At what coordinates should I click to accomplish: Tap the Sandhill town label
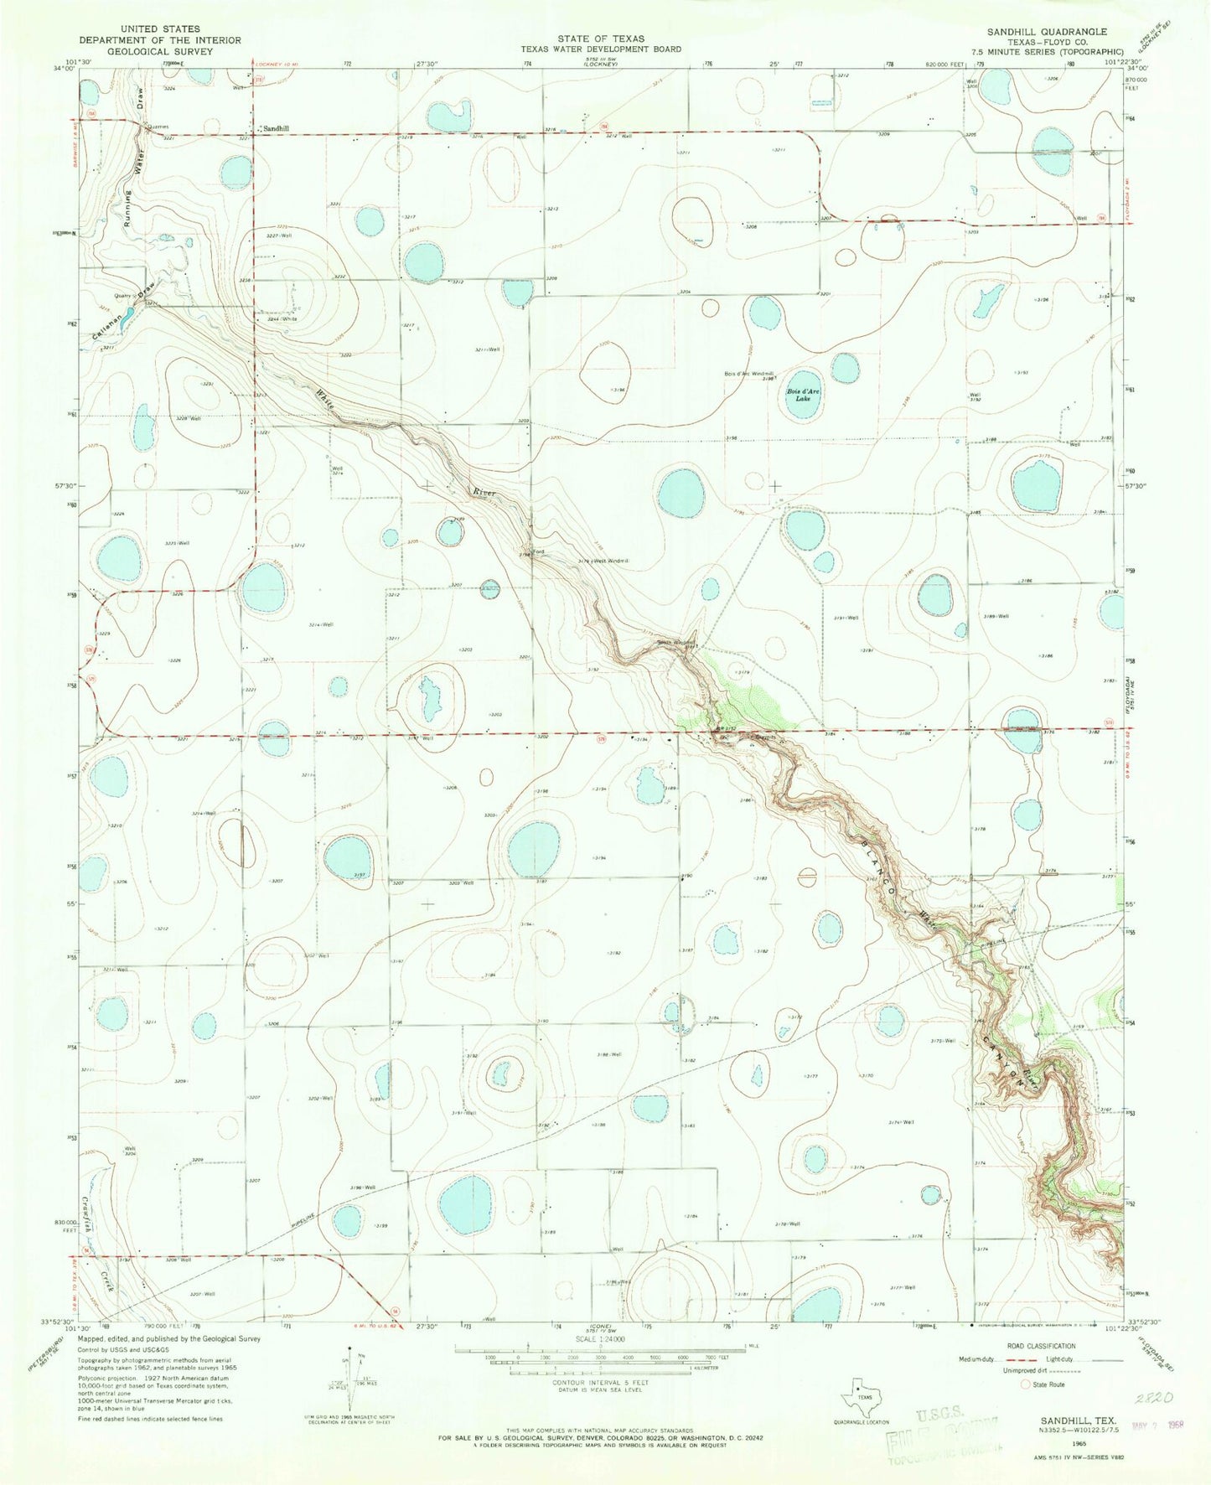point(277,128)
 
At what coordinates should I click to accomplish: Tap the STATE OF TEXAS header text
point(602,39)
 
